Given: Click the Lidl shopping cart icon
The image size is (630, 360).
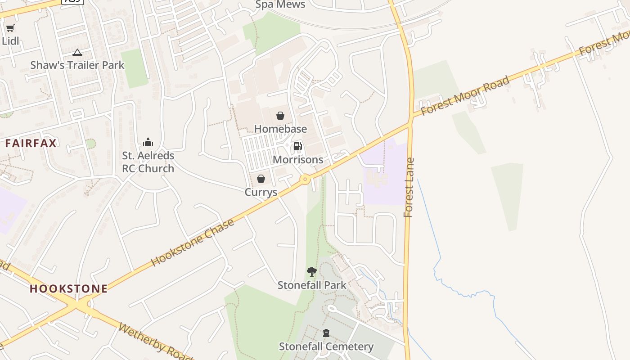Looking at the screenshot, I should (x=10, y=28).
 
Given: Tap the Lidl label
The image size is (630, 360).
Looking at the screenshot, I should (x=10, y=40).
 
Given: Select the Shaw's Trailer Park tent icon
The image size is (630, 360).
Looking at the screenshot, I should (x=77, y=53).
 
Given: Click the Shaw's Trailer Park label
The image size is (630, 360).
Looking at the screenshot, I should (x=77, y=65).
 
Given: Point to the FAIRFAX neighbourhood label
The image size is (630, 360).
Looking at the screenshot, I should (x=31, y=144).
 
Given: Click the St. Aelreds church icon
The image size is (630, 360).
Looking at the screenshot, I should (x=148, y=143).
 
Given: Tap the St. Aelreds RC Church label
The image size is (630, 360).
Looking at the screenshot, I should (x=148, y=162).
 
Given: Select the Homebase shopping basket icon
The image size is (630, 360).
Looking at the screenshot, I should (x=280, y=116).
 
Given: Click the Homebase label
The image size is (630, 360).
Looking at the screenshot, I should (x=280, y=129).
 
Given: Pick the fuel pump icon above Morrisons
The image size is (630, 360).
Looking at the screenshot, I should (x=297, y=146).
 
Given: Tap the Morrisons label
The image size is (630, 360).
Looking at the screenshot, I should (x=298, y=160).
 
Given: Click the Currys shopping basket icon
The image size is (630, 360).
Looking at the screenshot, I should (x=261, y=179).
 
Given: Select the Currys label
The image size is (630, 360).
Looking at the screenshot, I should (x=261, y=193).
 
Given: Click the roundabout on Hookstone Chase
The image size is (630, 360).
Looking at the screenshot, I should (x=306, y=180).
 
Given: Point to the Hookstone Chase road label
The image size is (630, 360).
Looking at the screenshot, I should (x=193, y=242).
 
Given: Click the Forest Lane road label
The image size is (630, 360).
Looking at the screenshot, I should (x=409, y=188).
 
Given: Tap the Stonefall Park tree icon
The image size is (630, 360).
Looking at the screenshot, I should (x=311, y=271).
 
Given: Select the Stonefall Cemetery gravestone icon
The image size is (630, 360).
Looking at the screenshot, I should (x=326, y=333).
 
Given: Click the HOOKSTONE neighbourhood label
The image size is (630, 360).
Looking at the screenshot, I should (x=69, y=288).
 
